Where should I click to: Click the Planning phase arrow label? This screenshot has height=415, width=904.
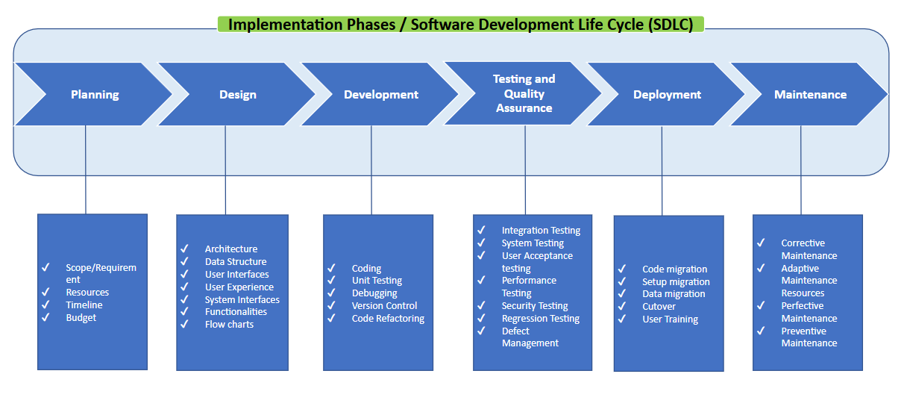point(95,95)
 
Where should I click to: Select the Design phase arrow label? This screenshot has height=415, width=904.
point(238,95)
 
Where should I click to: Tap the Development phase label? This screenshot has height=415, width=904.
point(381,95)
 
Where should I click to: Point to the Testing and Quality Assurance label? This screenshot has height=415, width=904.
point(524,93)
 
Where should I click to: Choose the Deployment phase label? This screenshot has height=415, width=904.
point(667,95)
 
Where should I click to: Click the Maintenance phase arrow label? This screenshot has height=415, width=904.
point(810,95)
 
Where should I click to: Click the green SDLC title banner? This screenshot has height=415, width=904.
point(460,25)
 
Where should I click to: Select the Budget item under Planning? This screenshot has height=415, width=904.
point(81,318)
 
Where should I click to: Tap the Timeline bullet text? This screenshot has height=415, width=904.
point(84,305)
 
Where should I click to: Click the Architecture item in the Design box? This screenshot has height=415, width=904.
point(231,249)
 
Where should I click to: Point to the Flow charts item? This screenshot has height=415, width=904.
point(229,325)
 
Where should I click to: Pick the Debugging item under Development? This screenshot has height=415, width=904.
point(374,293)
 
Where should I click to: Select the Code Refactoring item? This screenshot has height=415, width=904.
point(388,319)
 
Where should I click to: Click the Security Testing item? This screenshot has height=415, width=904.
point(535,306)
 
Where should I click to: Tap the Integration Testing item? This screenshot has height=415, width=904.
point(541,231)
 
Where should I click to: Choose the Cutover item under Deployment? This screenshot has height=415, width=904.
point(659,307)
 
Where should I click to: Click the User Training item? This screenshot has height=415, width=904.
point(670,319)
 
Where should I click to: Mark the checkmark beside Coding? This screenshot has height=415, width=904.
point(330,268)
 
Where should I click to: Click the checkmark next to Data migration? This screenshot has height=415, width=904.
point(621,294)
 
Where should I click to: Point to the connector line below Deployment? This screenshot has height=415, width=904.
point(662,172)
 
